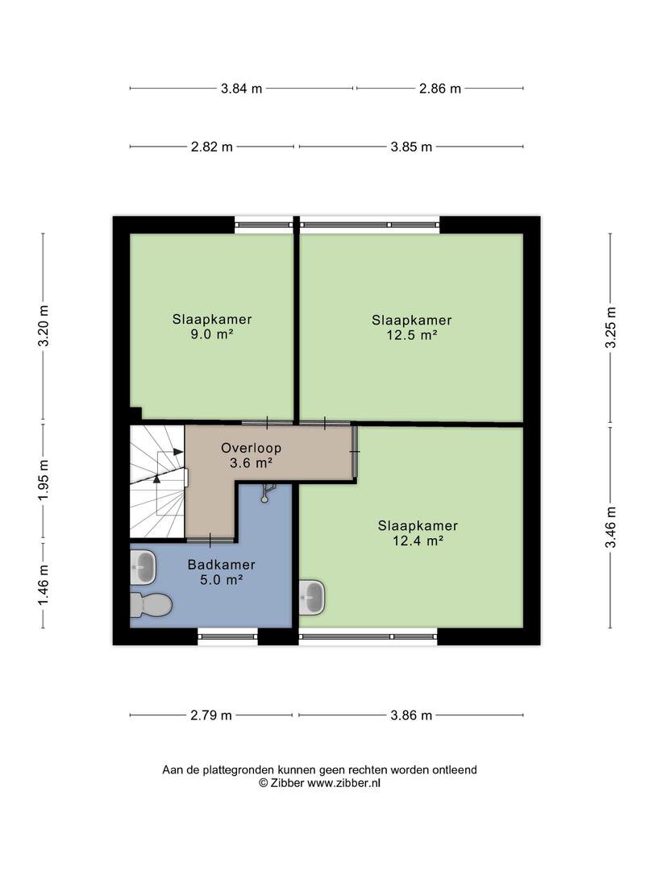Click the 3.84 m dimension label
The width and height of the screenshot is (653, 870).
242,89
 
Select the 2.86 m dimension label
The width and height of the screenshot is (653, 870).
440,89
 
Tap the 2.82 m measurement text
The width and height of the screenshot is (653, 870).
211,147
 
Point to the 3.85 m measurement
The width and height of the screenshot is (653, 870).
411,147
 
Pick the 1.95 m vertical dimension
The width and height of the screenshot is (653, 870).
44,480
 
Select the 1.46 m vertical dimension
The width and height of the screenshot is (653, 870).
44,585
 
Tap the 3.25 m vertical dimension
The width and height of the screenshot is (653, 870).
610,327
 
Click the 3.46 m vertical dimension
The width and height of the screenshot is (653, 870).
610,527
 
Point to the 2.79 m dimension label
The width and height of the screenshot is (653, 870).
211,715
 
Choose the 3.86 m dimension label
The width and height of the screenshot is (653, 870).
411,715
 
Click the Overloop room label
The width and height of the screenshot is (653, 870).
251,448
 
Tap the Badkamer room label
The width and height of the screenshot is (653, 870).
221,565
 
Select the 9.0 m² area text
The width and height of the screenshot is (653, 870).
211,334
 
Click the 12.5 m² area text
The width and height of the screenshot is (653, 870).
411,334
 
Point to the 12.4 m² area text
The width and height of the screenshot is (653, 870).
418,541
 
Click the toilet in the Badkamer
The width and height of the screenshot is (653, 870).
151,605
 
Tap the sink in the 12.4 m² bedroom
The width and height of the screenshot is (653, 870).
312,598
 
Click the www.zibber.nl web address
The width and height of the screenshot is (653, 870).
343,784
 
